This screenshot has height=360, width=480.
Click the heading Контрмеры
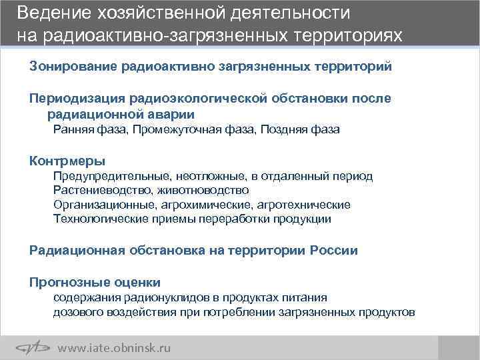tap(67, 161)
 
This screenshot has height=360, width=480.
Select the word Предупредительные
tap(114, 176)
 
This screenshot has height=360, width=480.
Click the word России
tap(333, 251)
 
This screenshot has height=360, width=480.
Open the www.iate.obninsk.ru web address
tap(115, 347)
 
